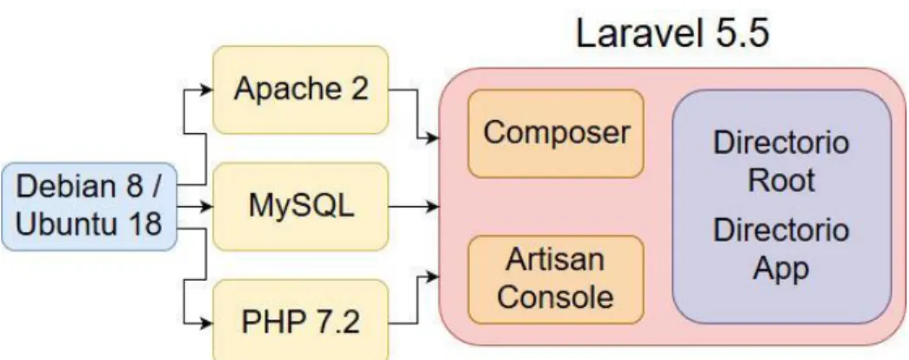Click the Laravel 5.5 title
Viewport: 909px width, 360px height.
coord(672,33)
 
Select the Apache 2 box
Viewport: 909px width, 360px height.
coord(300,90)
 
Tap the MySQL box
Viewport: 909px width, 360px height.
coord(300,206)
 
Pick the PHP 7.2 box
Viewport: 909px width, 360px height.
coord(300,320)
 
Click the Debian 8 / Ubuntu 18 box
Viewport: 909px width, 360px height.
coord(89,206)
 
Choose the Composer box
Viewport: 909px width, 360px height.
coord(556,133)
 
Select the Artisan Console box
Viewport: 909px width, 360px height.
coord(556,279)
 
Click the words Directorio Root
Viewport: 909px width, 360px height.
coord(781,161)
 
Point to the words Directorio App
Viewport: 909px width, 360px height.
coord(781,250)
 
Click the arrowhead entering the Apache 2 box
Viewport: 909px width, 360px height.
coord(206,90)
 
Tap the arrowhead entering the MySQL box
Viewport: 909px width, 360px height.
coord(206,206)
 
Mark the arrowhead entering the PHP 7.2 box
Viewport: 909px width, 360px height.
coord(206,322)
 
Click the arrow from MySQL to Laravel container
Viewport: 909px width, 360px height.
coord(413,206)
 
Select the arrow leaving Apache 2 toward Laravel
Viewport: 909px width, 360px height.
coord(418,114)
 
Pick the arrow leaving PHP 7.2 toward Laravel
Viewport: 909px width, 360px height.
coord(418,299)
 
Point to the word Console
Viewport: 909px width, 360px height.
coord(555,297)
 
